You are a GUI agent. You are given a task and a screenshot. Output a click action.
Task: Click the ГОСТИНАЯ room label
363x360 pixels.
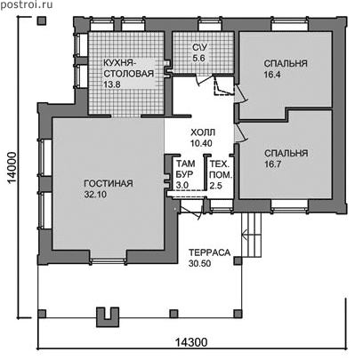[x=109, y=184]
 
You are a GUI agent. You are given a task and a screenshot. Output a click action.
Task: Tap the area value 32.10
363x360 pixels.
[x=93, y=195]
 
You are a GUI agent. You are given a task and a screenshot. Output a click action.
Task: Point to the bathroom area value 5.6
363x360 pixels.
[x=198, y=58]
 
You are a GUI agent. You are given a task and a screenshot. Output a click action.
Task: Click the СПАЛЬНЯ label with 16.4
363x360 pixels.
[x=286, y=64]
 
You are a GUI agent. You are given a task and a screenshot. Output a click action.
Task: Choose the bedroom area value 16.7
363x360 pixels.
[x=272, y=164]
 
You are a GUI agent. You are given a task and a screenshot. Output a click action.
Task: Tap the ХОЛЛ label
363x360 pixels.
[x=203, y=132]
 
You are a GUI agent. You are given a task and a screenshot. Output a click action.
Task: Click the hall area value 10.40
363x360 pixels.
[x=201, y=143]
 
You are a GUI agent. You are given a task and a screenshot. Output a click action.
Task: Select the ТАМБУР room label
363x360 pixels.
[x=186, y=169]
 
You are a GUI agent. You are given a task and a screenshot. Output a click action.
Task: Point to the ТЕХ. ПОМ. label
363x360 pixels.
[x=221, y=169]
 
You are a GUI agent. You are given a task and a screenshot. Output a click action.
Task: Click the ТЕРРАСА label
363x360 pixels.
[x=210, y=252]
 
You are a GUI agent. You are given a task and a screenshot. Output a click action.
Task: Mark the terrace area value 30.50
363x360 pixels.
[x=199, y=263]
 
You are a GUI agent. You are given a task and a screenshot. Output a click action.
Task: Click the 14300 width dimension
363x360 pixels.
[x=191, y=342]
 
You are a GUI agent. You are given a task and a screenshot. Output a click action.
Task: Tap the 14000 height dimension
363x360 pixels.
[x=12, y=168]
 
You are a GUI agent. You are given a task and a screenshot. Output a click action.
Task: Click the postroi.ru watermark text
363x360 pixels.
[x=27, y=4]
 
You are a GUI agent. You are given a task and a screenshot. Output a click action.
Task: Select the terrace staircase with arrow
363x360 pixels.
[x=252, y=235]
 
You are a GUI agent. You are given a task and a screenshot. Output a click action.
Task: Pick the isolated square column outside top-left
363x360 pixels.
[x=42, y=20]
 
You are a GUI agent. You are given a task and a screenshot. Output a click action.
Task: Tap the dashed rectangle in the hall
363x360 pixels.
[x=224, y=86]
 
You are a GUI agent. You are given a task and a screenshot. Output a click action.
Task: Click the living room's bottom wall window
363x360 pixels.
[x=109, y=261]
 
